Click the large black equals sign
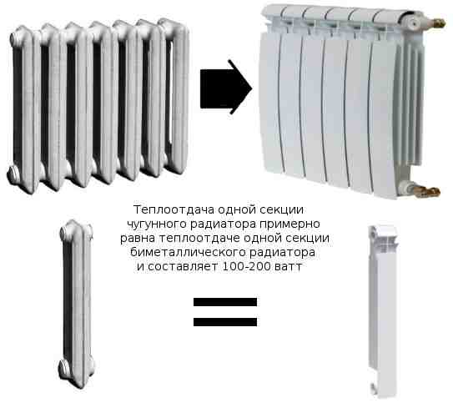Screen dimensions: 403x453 225,310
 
